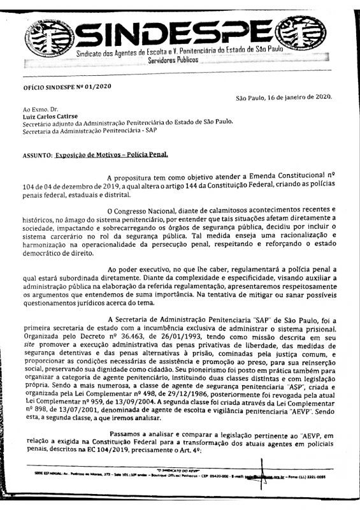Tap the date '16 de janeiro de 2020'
coord(300,98)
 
